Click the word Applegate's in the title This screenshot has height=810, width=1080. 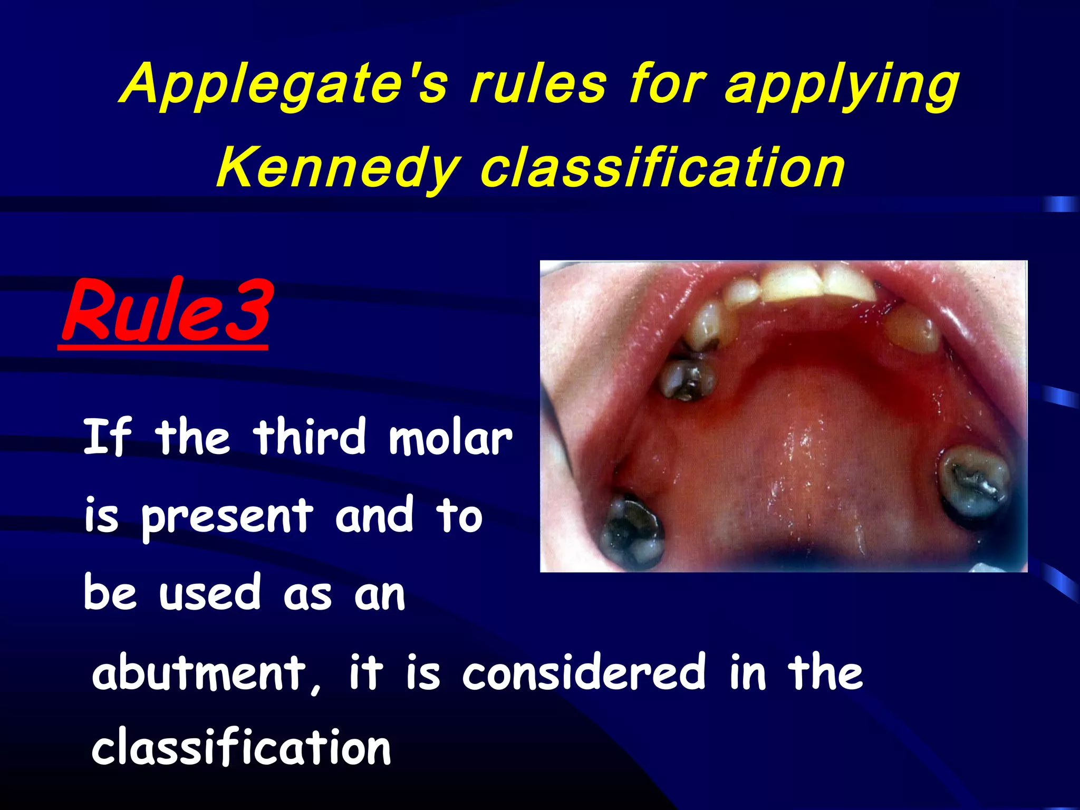(x=285, y=84)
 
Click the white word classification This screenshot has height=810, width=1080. (x=241, y=748)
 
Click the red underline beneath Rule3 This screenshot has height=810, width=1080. (x=162, y=346)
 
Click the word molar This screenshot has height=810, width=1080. (x=450, y=438)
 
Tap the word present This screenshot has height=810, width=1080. (x=227, y=517)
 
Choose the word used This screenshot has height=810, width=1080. (x=210, y=592)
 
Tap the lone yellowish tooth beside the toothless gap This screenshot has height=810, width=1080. (x=912, y=330)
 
